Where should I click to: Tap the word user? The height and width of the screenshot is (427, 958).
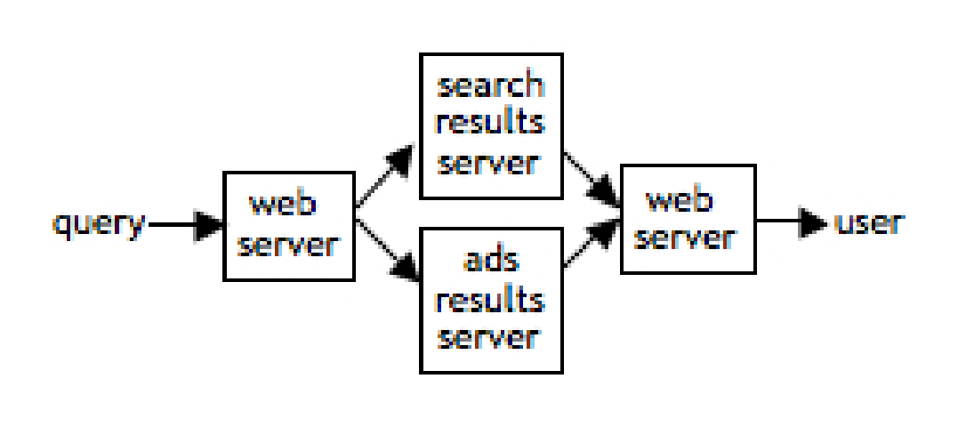868,222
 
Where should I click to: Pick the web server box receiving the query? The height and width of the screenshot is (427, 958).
289,226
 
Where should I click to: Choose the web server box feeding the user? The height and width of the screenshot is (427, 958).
688,219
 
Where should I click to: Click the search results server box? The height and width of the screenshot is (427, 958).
490,125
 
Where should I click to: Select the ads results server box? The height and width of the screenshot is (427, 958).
490,300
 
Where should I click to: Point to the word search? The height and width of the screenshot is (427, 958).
490,86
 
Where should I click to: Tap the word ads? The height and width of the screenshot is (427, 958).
490,262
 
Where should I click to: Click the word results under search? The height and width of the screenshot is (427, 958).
490,123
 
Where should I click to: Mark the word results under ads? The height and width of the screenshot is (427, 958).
490,300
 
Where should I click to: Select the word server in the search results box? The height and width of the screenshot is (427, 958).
490,163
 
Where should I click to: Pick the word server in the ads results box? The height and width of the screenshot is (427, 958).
490,337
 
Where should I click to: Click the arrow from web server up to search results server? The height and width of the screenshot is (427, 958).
384,176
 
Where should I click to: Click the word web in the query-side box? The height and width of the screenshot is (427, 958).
284,205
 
